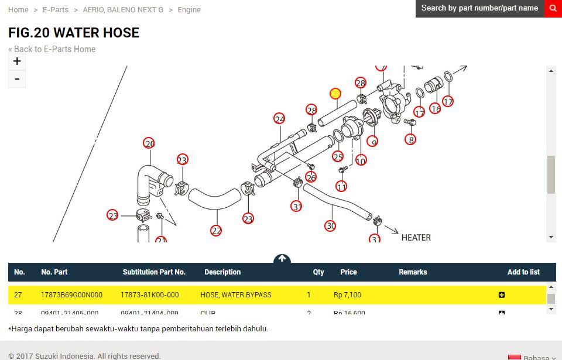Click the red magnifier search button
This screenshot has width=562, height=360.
click(553, 8)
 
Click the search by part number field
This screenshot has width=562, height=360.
click(479, 8)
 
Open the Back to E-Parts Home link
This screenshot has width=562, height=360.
click(52, 49)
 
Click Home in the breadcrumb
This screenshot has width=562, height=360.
click(18, 10)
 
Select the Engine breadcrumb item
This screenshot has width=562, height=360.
click(189, 10)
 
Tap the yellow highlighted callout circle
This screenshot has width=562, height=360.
click(335, 94)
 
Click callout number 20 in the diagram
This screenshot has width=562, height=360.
click(149, 143)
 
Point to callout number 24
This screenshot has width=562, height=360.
click(279, 119)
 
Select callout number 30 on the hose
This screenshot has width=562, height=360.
click(330, 225)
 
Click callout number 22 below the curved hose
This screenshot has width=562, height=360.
click(216, 231)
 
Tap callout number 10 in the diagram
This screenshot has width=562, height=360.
click(361, 160)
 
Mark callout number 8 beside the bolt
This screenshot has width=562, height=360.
click(412, 140)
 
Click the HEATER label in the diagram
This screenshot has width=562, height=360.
click(416, 238)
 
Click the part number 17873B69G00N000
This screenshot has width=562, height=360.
click(71, 295)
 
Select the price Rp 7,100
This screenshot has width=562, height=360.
click(347, 295)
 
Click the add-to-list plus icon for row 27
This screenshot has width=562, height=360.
click(502, 295)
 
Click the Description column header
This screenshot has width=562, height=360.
click(222, 272)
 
